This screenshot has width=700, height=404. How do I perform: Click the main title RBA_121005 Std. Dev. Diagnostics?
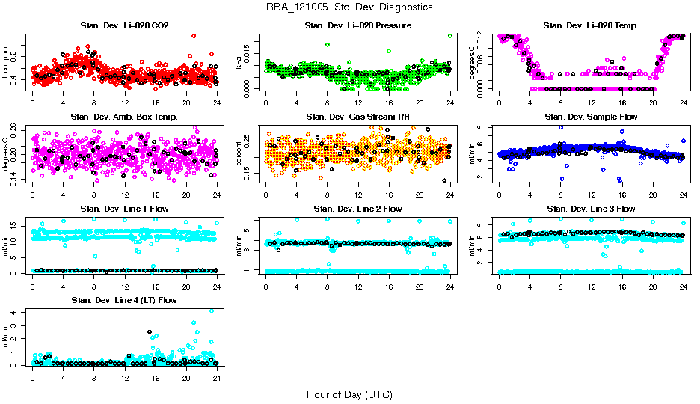point(349,7)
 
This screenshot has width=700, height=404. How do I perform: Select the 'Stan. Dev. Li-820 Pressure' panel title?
point(357,26)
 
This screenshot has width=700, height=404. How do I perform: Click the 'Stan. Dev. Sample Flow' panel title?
point(591,117)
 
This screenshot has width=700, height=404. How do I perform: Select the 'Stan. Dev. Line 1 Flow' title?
point(124,209)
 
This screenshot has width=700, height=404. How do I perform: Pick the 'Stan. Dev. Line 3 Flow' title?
point(591,209)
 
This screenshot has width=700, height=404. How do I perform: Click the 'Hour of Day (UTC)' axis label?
point(349,394)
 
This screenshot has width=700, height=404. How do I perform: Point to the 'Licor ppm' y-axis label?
point(7,62)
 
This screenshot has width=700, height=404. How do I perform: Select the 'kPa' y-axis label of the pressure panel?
point(240,62)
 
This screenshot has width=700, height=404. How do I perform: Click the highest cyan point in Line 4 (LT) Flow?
point(212,311)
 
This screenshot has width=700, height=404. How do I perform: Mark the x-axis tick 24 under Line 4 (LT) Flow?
point(216,378)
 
